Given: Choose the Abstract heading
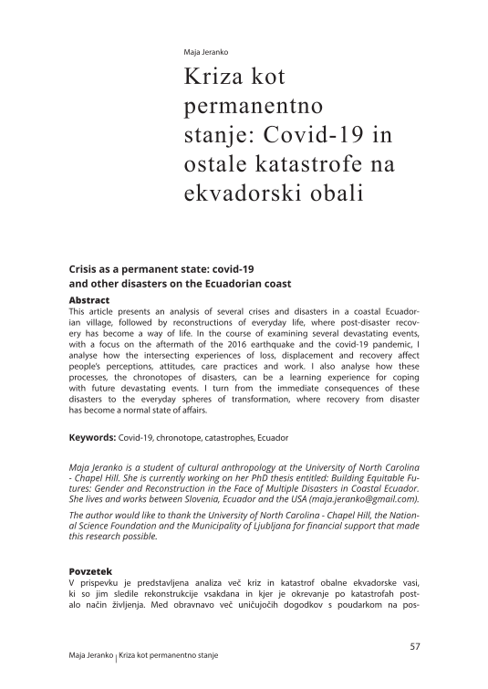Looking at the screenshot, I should (x=89, y=300).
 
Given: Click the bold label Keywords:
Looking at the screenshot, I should (x=93, y=438).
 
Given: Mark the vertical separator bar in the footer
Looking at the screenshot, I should (x=117, y=659).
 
